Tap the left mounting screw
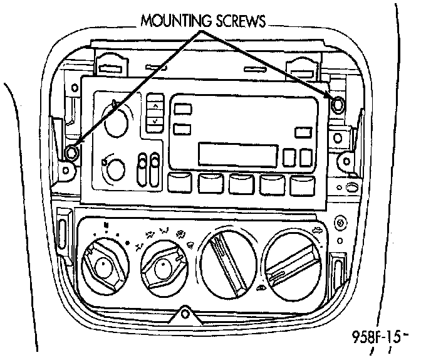coord(71,152)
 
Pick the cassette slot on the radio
coord(238,152)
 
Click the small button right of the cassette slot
coord(290,156)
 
